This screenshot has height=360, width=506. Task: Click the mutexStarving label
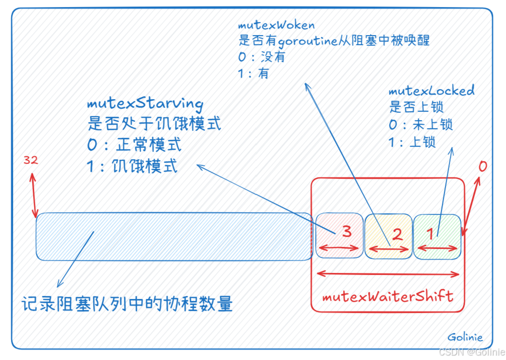pos(145,104)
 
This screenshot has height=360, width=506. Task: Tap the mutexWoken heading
pos(276,25)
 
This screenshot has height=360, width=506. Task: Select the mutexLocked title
pos(431,91)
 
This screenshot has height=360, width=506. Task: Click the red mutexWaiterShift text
pos(387,296)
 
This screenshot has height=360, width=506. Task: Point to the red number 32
pos(31,160)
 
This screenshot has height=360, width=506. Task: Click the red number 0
pos(482,166)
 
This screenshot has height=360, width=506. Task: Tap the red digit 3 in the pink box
pos(347,231)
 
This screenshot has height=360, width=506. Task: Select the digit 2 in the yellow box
pos(397,234)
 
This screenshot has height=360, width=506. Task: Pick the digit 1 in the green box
pos(429,233)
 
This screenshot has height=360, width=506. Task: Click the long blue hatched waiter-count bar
pos(173,236)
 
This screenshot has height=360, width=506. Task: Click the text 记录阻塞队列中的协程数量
pos(128,304)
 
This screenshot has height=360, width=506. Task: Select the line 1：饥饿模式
pos(132,166)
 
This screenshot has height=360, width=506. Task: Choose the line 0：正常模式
pos(134,145)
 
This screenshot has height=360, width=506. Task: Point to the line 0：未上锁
pos(421,124)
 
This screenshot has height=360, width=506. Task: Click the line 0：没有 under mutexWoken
pos(262,57)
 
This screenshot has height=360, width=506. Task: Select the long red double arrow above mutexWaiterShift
pos(389,273)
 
